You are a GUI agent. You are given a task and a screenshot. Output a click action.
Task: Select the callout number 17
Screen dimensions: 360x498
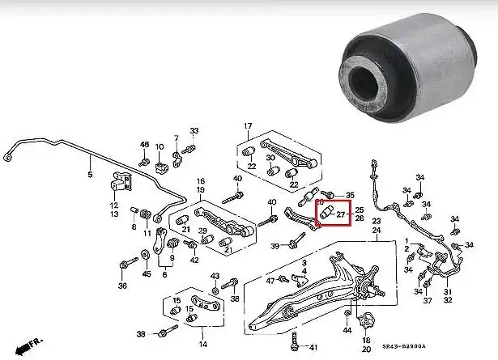[249, 125]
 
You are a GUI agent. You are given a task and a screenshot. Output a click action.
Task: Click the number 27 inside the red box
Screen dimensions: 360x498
[341, 215]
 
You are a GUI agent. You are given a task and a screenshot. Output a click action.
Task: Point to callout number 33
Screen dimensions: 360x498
[194, 131]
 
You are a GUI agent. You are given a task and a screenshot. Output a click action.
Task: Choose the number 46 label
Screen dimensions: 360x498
[144, 145]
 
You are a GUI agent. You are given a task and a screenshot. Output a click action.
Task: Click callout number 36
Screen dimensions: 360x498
[122, 285]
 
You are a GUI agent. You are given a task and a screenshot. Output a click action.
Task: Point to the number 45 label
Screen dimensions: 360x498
[146, 273]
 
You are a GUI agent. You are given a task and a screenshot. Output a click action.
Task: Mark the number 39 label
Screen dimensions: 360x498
[275, 246]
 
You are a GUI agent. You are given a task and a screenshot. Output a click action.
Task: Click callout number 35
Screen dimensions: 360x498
[350, 196]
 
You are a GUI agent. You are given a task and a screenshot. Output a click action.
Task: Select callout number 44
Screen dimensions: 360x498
[347, 330]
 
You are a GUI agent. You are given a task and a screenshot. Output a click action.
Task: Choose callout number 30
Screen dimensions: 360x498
[270, 157]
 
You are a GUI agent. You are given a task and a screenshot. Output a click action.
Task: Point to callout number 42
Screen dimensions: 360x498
[194, 260]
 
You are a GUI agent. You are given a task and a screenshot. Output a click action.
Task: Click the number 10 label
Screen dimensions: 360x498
[160, 146]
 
